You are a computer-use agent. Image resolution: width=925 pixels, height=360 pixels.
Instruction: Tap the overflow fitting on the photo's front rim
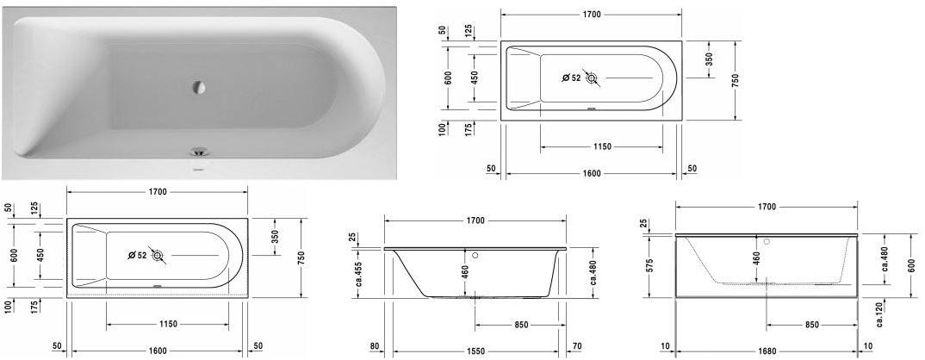click(200, 152)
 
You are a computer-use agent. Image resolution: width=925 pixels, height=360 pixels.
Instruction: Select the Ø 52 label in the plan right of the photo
click(571, 78)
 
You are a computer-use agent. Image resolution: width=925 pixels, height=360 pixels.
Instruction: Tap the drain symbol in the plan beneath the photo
click(157, 255)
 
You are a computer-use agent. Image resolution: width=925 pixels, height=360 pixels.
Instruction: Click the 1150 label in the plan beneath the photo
click(168, 324)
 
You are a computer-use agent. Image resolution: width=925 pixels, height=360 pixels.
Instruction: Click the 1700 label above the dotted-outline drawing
click(766, 207)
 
